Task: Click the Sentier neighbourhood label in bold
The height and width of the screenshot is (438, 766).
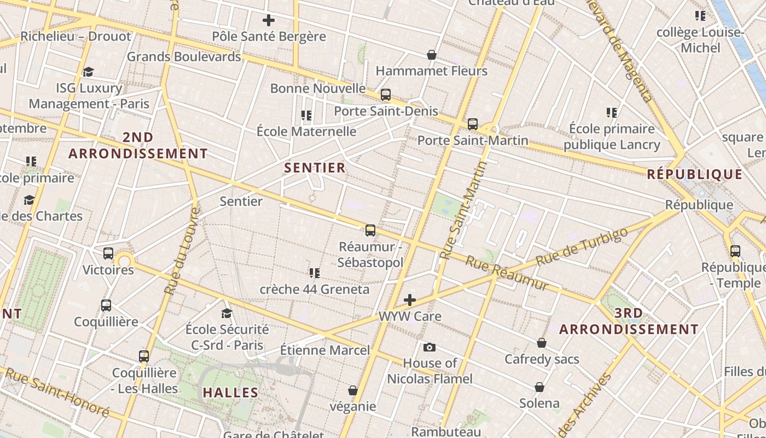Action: (x=315, y=168)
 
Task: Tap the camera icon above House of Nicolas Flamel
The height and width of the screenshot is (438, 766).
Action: (x=430, y=347)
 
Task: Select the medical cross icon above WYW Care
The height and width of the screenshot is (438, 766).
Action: (x=410, y=299)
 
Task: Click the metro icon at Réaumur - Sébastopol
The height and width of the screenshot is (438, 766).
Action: (x=370, y=230)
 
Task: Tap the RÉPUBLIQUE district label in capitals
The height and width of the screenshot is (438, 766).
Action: (x=695, y=175)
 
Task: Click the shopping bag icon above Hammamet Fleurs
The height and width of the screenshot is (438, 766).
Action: (x=432, y=55)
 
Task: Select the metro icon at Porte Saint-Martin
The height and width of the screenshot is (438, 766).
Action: (x=473, y=124)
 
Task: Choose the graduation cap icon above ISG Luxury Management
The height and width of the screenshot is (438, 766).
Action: (x=88, y=72)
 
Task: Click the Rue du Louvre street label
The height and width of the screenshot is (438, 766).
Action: (x=182, y=252)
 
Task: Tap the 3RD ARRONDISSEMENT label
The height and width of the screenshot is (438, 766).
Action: (x=629, y=321)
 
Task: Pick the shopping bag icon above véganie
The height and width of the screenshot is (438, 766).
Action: (x=353, y=390)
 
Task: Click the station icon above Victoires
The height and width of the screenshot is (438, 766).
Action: (x=108, y=253)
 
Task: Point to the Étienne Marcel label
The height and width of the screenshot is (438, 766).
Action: (x=325, y=350)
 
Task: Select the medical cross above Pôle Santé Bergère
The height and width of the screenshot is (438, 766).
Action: (x=268, y=21)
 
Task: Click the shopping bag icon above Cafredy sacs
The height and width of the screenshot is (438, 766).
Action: (x=542, y=343)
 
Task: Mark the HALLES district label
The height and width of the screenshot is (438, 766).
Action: (x=230, y=393)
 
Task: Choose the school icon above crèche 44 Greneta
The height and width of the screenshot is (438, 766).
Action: (x=314, y=273)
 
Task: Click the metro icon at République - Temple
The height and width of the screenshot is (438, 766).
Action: (x=735, y=251)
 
